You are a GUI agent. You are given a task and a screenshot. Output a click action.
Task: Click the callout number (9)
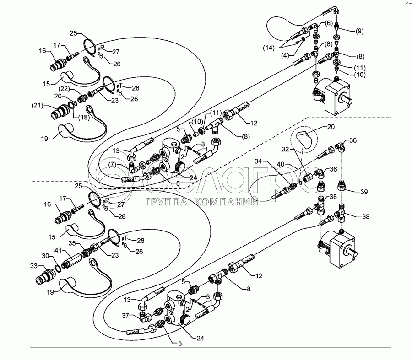[x=359, y=31]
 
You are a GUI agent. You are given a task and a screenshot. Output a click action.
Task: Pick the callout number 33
[x=34, y=265]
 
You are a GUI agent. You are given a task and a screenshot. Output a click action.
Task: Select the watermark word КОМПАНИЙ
[x=224, y=203]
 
